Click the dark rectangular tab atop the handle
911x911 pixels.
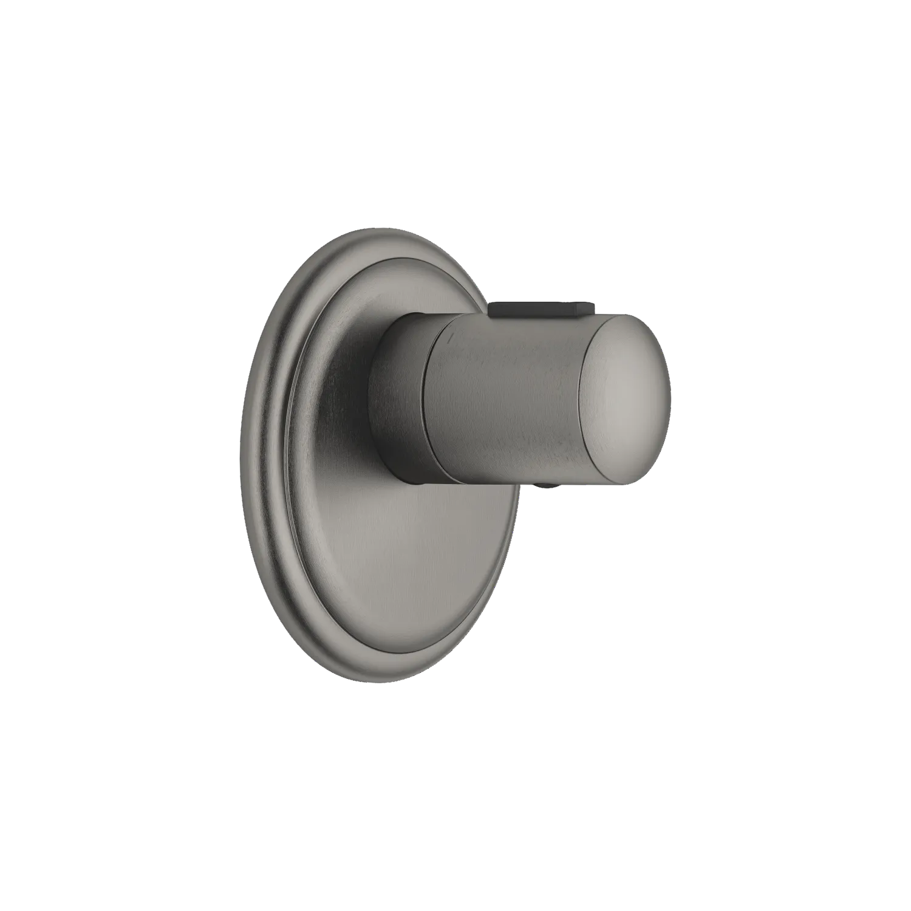[x=534, y=309]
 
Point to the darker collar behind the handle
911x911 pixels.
[x=401, y=395]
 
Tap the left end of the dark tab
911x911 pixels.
[x=492, y=309]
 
